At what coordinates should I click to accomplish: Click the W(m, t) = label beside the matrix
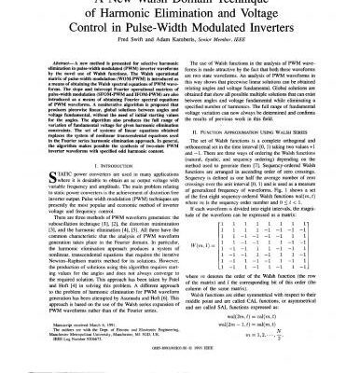[x=202, y=271]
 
